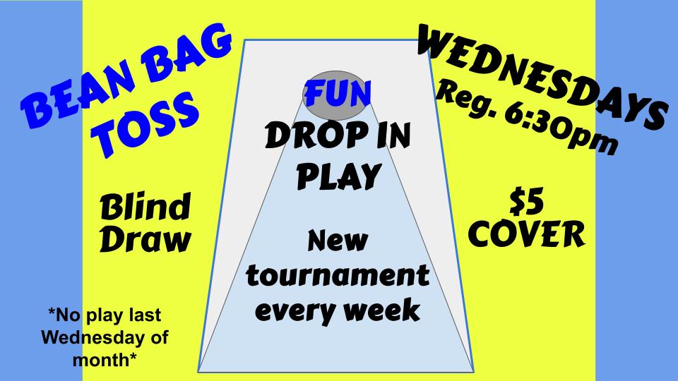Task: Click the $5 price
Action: click(x=526, y=202)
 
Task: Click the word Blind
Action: click(x=145, y=209)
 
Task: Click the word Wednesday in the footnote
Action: click(x=87, y=337)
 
